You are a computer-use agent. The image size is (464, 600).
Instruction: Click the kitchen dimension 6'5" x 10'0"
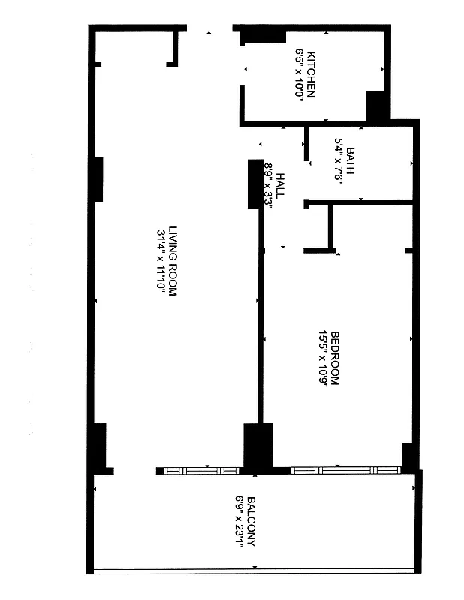point(300,75)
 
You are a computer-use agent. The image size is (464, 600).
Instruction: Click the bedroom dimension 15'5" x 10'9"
point(323,358)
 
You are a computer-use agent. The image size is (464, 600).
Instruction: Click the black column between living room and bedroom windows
point(258,447)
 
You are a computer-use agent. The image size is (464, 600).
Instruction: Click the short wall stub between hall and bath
point(306,144)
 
